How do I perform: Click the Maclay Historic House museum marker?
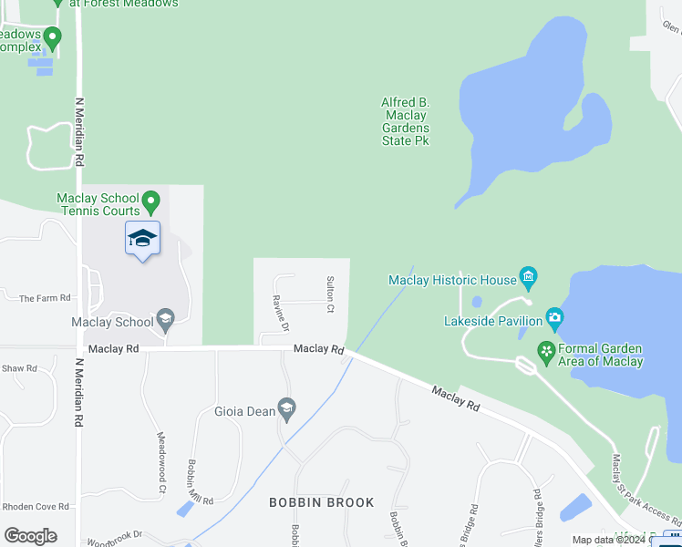(527, 275)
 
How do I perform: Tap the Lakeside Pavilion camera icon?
(554, 318)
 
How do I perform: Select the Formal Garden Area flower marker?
(545, 351)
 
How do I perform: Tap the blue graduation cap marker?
(142, 239)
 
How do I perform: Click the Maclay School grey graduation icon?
(165, 318)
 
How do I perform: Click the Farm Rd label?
(45, 298)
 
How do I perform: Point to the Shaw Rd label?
(19, 368)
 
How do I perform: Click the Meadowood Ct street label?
(160, 450)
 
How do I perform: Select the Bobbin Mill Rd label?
(200, 482)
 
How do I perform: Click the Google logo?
(30, 536)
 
